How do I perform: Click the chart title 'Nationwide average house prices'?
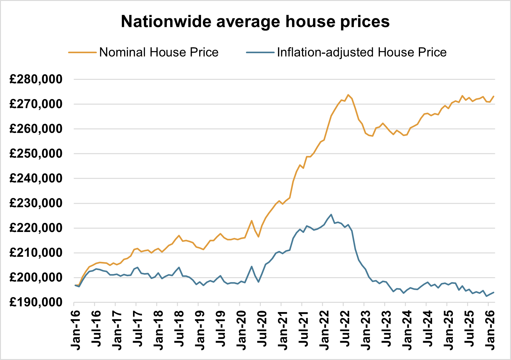(x=255, y=22)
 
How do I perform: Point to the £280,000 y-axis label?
(x=36, y=79)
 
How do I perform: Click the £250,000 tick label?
(x=36, y=154)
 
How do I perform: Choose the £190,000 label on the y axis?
(x=36, y=302)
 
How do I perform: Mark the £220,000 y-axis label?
(x=36, y=228)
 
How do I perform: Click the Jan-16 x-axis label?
(x=75, y=330)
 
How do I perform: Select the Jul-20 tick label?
(x=262, y=330)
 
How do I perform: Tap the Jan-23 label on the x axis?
(x=365, y=330)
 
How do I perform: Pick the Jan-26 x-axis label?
(x=490, y=330)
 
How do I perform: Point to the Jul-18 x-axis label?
(x=179, y=330)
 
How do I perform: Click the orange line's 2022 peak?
(x=348, y=95)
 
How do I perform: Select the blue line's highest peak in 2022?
(x=331, y=214)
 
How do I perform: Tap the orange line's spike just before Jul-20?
(x=251, y=221)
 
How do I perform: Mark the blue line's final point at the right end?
(x=494, y=292)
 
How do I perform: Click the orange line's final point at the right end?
(x=494, y=96)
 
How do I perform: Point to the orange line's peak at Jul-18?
(x=179, y=235)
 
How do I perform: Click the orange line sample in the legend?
(x=82, y=53)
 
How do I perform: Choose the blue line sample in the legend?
(x=260, y=53)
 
